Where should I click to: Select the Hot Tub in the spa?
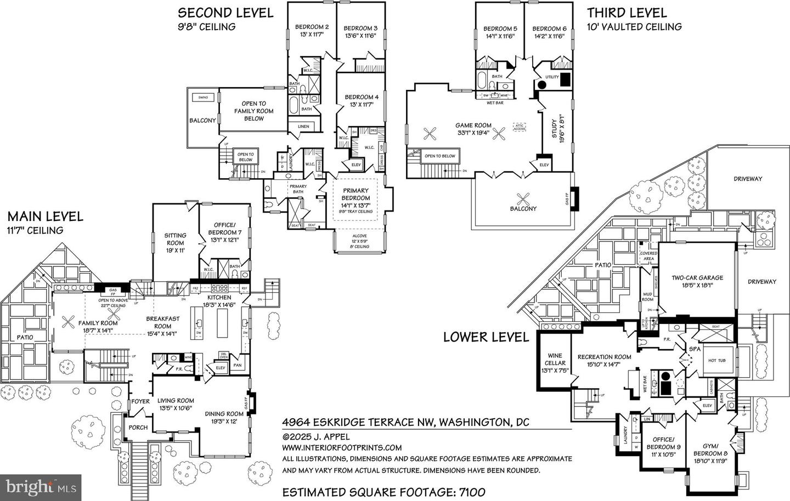(717, 360)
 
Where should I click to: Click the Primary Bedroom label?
(356, 197)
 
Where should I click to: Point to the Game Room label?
(475, 129)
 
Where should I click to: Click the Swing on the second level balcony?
(203, 98)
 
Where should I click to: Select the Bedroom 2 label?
(312, 31)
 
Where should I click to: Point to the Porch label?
(138, 428)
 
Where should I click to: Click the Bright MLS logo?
(41, 486)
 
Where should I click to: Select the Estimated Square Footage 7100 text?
(383, 492)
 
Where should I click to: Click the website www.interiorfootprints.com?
(342, 448)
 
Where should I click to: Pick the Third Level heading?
(627, 13)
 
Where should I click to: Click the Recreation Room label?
(604, 360)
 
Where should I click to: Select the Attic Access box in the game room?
(519, 127)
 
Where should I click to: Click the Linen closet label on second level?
(303, 127)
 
